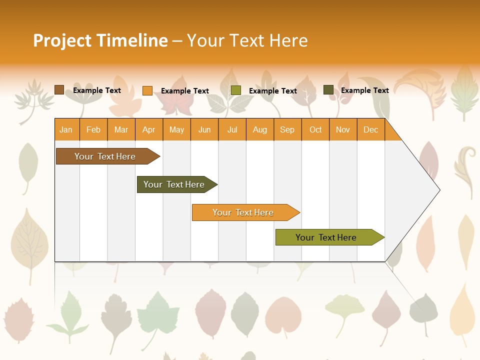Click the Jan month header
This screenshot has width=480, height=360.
(66, 129)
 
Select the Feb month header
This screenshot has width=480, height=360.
(93, 129)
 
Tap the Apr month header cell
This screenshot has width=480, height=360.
(149, 129)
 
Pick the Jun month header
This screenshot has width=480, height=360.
(204, 129)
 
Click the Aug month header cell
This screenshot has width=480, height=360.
(260, 129)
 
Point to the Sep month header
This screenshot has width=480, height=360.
(287, 129)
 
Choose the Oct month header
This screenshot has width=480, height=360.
(315, 129)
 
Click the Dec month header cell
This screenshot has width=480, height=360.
(371, 129)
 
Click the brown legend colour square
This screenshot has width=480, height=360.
(59, 90)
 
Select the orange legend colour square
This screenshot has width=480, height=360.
(147, 90)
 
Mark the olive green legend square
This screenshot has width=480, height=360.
(236, 90)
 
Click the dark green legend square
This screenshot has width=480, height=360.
(328, 90)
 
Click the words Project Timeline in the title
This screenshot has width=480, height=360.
(100, 40)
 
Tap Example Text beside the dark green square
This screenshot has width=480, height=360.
(364, 90)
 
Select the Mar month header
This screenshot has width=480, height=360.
(121, 129)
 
